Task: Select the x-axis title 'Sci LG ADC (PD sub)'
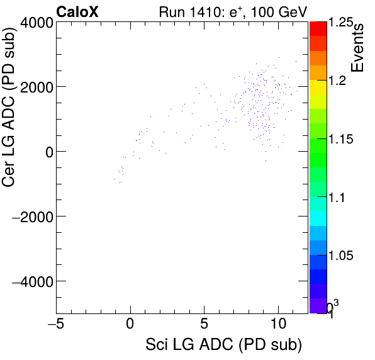tap(223, 346)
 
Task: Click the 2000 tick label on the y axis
tap(34, 87)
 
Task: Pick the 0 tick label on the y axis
tap(46, 152)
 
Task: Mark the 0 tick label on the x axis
tap(130, 323)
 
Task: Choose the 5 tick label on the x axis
tap(204, 323)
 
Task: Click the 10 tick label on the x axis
tap(277, 323)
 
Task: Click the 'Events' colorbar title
tap(359, 49)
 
